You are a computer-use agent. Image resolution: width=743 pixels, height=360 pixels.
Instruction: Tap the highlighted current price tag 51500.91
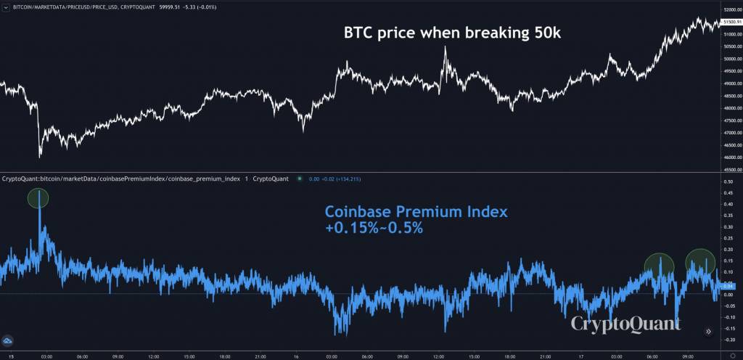(x=731, y=23)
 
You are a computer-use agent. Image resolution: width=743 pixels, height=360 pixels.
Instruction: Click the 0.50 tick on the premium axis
(x=728, y=181)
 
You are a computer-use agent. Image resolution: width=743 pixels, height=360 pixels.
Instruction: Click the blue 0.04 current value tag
(x=728, y=287)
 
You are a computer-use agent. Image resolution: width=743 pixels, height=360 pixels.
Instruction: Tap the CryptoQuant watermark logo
(x=625, y=323)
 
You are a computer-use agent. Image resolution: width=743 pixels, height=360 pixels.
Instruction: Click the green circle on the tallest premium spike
(x=38, y=197)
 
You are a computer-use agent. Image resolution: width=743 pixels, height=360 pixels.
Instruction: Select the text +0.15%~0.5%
(x=374, y=228)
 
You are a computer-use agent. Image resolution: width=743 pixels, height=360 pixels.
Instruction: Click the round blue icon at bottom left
(x=9, y=340)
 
